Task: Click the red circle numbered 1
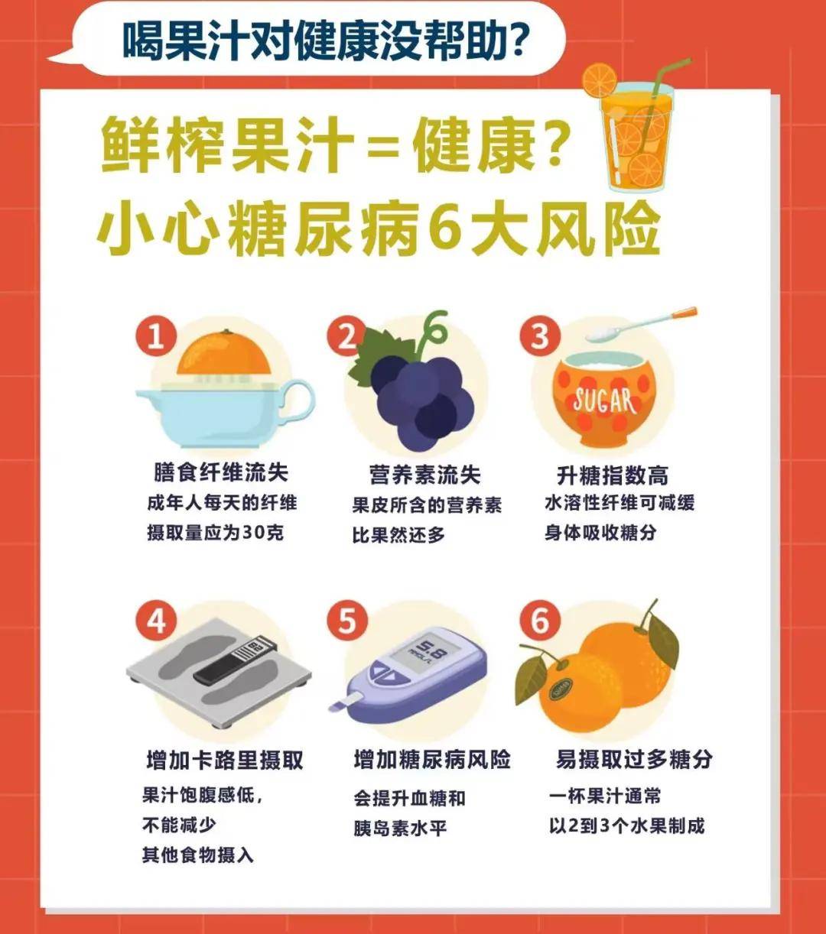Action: pyautogui.click(x=156, y=336)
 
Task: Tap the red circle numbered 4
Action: pyautogui.click(x=156, y=621)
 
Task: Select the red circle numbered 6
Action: pyautogui.click(x=540, y=621)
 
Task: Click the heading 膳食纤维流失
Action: pyautogui.click(x=220, y=472)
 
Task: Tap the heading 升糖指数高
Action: pyautogui.click(x=612, y=475)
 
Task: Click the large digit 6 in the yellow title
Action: pyautogui.click(x=445, y=228)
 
